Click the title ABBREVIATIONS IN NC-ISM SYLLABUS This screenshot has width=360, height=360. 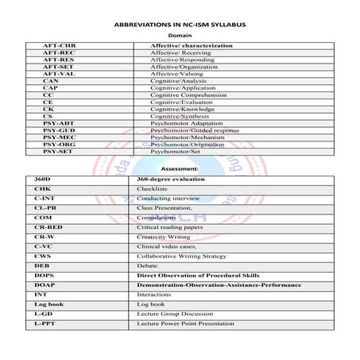(179, 25)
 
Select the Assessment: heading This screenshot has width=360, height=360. (180, 169)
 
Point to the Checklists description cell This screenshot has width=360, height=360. (152, 189)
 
